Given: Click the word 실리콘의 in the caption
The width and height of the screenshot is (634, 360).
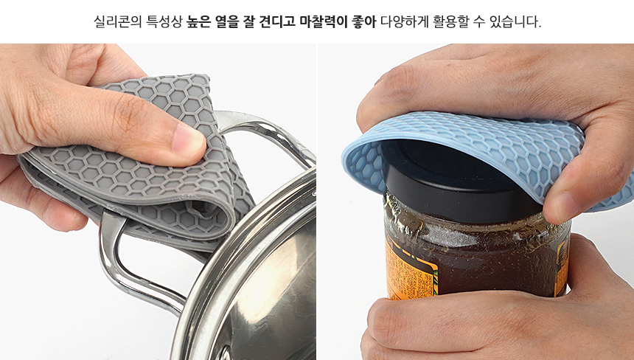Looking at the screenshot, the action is pyautogui.click(x=118, y=21).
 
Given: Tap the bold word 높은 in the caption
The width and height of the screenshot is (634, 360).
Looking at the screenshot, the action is pyautogui.click(x=199, y=21).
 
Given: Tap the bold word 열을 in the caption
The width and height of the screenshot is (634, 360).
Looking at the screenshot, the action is pyautogui.click(x=229, y=21).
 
